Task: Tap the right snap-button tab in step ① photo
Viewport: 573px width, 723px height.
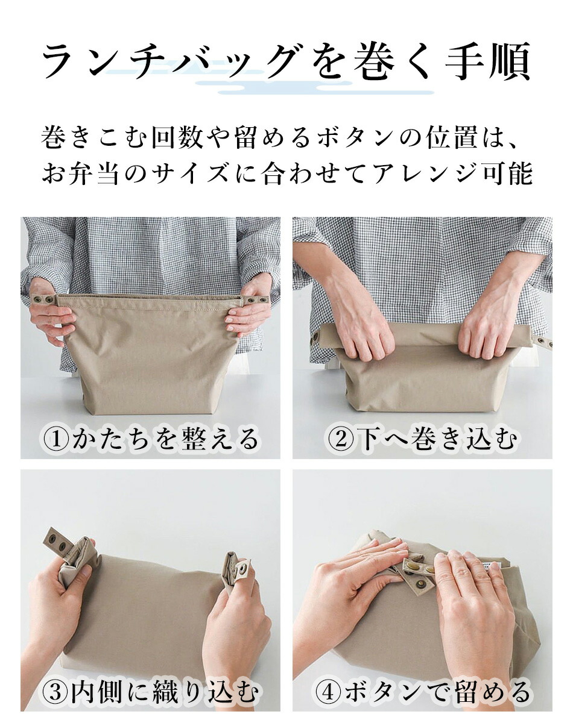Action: pyautogui.click(x=255, y=301)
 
